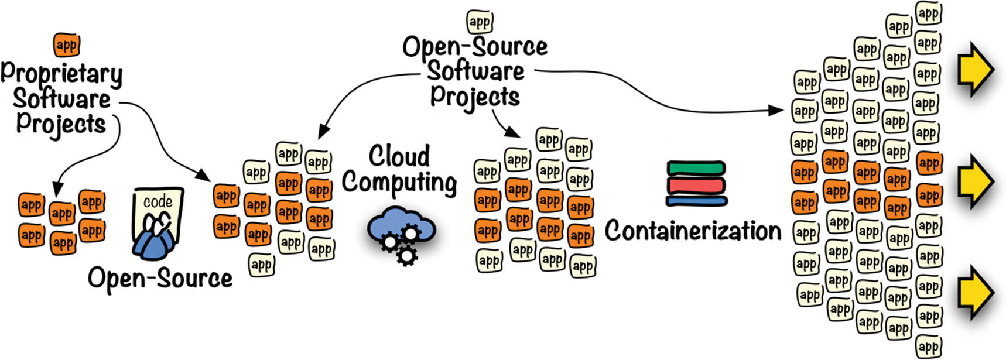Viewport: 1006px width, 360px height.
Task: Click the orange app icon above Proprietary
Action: pyautogui.click(x=67, y=45)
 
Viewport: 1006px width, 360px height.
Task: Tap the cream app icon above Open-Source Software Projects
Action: pyautogui.click(x=480, y=22)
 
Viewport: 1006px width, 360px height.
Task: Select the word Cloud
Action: pyautogui.click(x=399, y=156)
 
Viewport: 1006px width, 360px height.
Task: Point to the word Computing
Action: pyautogui.click(x=399, y=183)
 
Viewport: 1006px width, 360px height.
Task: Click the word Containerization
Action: pyautogui.click(x=693, y=231)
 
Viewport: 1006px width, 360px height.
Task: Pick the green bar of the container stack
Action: pyautogui.click(x=697, y=168)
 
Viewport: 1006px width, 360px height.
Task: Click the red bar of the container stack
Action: pyautogui.click(x=697, y=186)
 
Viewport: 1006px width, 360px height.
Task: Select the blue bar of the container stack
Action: pyautogui.click(x=697, y=201)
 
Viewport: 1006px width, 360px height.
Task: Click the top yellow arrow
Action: pyautogui.click(x=975, y=70)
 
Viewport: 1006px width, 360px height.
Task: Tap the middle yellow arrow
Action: pyautogui.click(x=975, y=181)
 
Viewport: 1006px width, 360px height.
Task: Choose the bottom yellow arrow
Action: pyautogui.click(x=975, y=293)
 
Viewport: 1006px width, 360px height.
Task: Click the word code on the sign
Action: pyautogui.click(x=158, y=202)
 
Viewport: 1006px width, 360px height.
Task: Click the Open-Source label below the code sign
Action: pyautogui.click(x=160, y=278)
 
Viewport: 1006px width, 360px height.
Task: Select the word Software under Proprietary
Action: pyautogui.click(x=61, y=99)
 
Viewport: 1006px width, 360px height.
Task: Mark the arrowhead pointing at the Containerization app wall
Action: pyautogui.click(x=777, y=110)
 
